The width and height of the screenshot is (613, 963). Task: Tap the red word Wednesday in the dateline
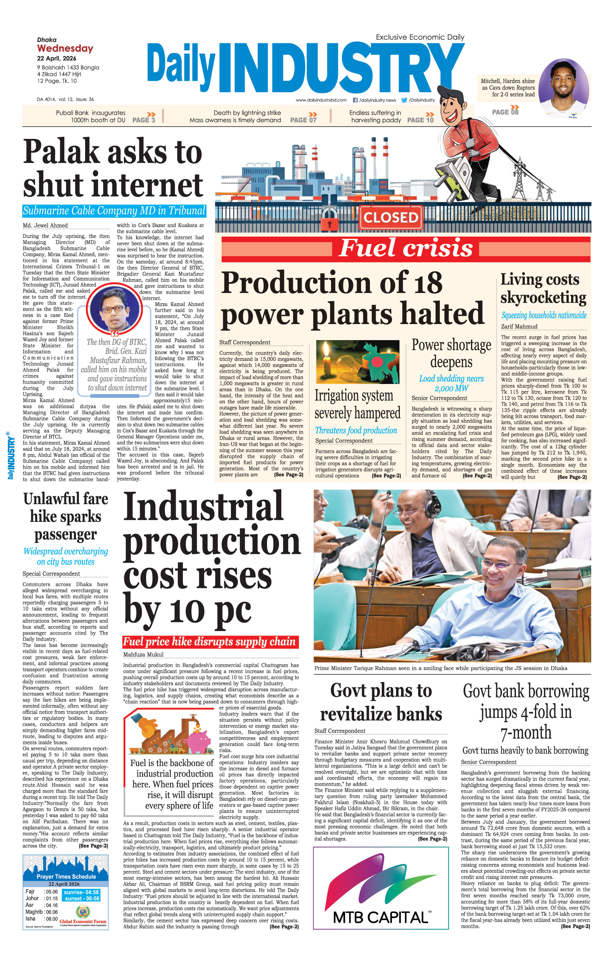tap(65, 48)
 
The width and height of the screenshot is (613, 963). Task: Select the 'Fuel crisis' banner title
tap(406, 247)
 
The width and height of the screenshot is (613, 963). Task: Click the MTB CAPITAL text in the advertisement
tap(380, 917)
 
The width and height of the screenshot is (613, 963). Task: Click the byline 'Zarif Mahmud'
tap(519, 326)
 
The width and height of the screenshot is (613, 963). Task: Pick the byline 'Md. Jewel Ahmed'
tap(45, 226)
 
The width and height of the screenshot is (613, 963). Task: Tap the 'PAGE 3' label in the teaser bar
tap(143, 120)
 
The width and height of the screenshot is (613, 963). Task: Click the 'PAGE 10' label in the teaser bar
tap(420, 120)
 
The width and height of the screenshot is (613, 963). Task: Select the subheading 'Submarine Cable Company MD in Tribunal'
tap(114, 211)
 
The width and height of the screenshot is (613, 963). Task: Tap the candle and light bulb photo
tap(357, 362)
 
